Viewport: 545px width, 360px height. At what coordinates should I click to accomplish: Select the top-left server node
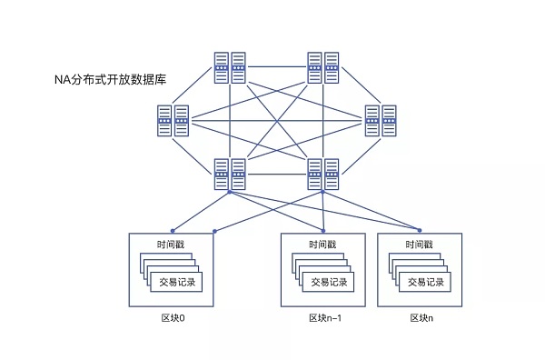(229, 66)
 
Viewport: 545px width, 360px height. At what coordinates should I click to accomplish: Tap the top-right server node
(322, 66)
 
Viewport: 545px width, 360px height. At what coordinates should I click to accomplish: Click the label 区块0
(173, 318)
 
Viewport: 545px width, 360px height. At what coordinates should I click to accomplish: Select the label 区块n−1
(324, 318)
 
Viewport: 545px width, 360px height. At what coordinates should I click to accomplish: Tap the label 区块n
(421, 318)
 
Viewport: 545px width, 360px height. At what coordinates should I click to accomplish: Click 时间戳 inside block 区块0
(173, 245)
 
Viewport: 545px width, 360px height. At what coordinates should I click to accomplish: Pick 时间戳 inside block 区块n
(420, 245)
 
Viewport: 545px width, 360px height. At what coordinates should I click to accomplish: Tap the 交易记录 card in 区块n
(425, 282)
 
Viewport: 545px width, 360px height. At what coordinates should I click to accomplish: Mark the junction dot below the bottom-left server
(229, 193)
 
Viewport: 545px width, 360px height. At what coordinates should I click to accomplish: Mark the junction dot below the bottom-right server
(322, 193)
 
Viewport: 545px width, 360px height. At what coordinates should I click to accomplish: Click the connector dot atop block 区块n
(420, 231)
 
